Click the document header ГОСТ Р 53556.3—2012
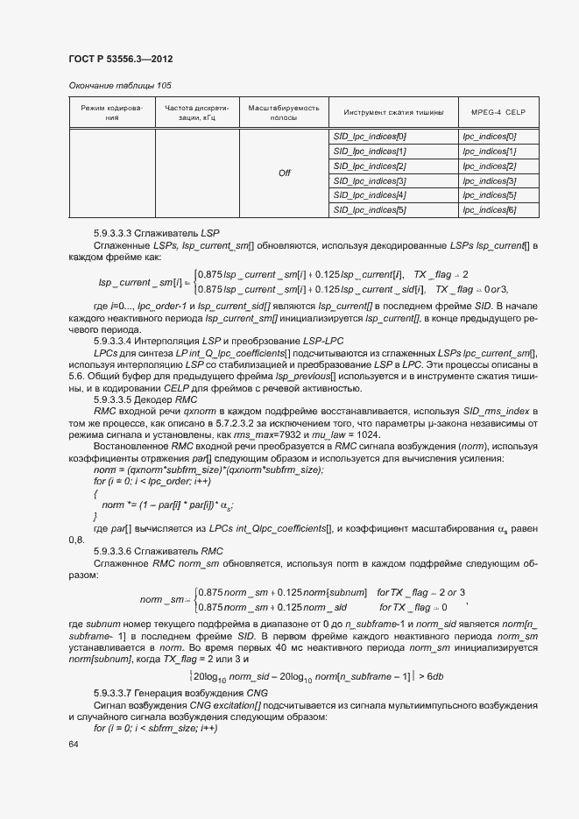119,59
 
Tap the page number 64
73,744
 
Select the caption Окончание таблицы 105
119,85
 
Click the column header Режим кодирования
111,112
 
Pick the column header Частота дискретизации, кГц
196,112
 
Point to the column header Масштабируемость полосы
284,112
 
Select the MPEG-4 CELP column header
497,113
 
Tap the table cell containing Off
284,173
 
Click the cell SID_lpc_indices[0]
370,137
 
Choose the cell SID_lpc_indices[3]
370,180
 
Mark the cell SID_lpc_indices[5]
370,209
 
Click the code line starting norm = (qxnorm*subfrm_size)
208,470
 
